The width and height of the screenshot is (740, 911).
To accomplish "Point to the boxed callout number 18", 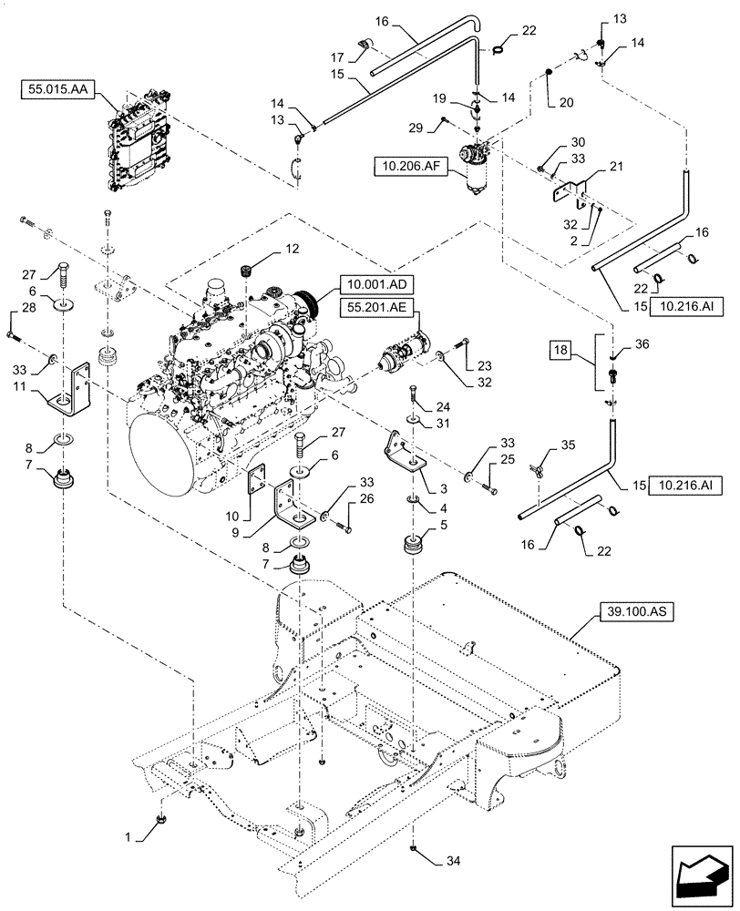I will click(x=562, y=350).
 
